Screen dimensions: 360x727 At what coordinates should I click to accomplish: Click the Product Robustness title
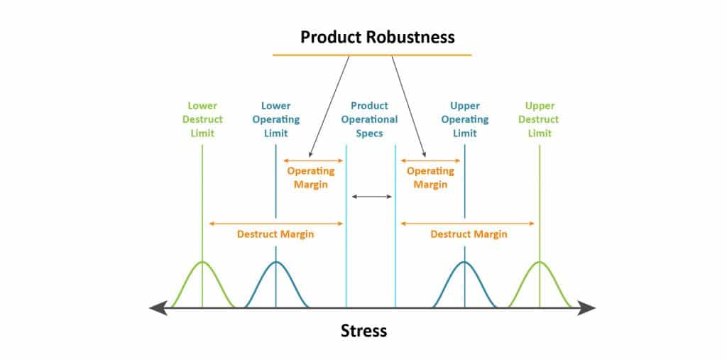coord(377,36)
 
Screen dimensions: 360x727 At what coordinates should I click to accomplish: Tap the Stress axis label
coord(363,330)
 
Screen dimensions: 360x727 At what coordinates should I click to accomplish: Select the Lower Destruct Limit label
coord(202,119)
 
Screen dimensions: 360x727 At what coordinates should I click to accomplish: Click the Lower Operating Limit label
coord(275,119)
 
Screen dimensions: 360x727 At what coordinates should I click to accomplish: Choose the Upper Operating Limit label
coord(465,119)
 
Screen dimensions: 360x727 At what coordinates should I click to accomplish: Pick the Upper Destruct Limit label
coord(539,119)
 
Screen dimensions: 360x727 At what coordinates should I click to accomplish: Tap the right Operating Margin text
coord(430,178)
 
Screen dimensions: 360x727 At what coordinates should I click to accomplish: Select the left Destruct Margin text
coord(275,234)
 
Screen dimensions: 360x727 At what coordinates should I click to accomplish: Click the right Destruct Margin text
coord(469,234)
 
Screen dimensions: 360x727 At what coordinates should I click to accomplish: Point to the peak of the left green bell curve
coord(202,263)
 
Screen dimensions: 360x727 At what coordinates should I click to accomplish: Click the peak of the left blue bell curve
coord(275,263)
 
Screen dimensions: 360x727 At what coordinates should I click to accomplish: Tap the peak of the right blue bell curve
coord(465,263)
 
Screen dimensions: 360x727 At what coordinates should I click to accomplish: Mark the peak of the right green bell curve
coord(539,263)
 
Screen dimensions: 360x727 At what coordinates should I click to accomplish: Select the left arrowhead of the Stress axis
coord(156,307)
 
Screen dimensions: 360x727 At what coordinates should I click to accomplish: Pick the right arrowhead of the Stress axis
coord(589,307)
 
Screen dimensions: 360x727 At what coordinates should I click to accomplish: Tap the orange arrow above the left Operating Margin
coord(313,160)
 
